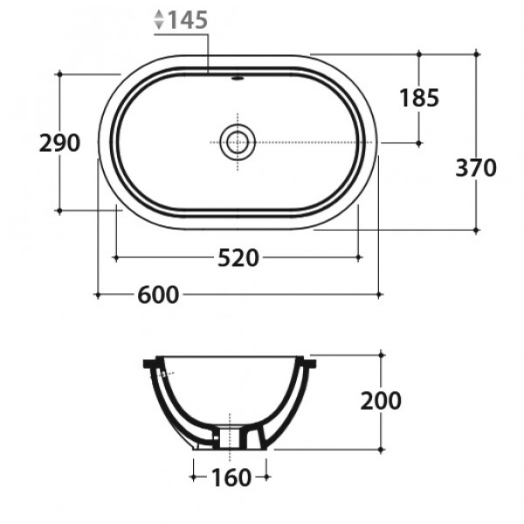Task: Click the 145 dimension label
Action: tap(188, 20)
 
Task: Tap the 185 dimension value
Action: tap(419, 98)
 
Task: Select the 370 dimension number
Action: tap(476, 168)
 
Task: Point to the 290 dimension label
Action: tap(59, 142)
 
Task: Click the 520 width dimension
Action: tap(238, 258)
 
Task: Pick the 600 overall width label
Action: tap(158, 295)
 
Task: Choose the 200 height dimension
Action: tap(381, 401)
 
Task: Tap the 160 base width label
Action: tap(231, 477)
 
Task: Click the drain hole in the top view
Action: tap(238, 142)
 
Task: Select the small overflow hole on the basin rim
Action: tap(238, 79)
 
